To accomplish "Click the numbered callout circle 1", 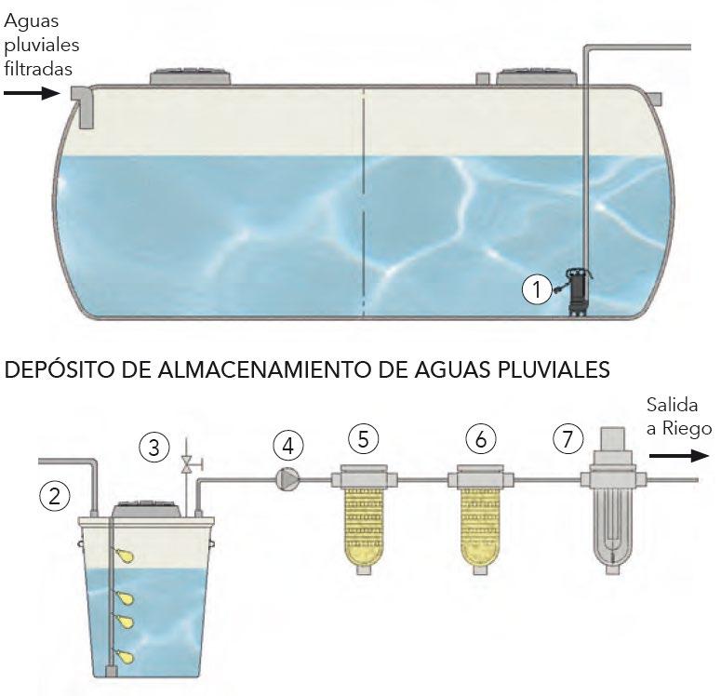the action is pos(537,289).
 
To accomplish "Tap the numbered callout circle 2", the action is pos(56,496).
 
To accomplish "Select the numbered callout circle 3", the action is pos(155,448).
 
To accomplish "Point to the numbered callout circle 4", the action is pos(288,447).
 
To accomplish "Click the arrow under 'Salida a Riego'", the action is pos(673,456).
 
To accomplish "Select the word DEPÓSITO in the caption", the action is pos(56,369).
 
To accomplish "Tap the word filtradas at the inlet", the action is pos(37,68).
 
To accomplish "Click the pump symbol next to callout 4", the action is pos(286,479).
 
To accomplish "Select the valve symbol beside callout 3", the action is pos(187,462).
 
